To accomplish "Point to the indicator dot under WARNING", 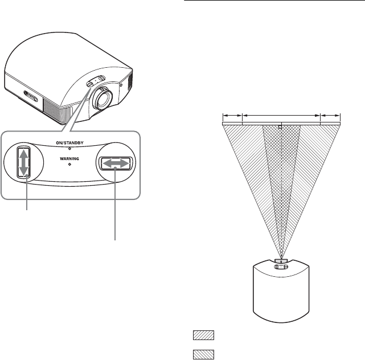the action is coord(69,165).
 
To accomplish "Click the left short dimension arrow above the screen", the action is coord(232,116).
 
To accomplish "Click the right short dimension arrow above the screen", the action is coord(330,116).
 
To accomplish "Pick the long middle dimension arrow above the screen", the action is coord(281,116).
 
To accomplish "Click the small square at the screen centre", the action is coord(281,127).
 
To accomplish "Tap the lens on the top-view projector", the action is coord(281,263).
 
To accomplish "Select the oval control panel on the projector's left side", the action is coord(32,102).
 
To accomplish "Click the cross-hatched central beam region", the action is coord(281,171).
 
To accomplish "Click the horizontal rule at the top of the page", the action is coord(274,2).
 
